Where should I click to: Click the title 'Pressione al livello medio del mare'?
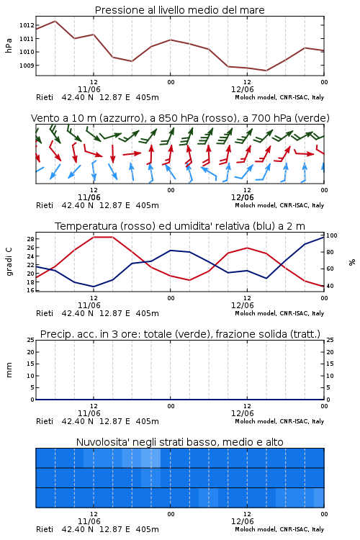(x=179, y=10)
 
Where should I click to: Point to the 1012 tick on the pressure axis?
(x=27, y=25)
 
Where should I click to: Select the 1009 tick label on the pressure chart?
(x=27, y=66)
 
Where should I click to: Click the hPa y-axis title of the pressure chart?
(x=9, y=45)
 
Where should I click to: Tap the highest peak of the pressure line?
(x=55, y=21)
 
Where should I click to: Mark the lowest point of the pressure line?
(x=266, y=71)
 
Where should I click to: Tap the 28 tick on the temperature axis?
(x=31, y=239)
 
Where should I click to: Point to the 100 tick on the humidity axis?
(x=331, y=235)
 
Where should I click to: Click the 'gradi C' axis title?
(x=9, y=262)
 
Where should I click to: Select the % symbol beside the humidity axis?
(x=352, y=262)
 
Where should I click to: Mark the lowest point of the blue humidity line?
(x=94, y=287)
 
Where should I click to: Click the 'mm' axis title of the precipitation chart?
(x=9, y=370)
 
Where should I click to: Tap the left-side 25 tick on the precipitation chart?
(x=31, y=340)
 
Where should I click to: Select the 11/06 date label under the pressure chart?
(x=89, y=89)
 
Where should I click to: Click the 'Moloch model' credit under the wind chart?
(x=256, y=206)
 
